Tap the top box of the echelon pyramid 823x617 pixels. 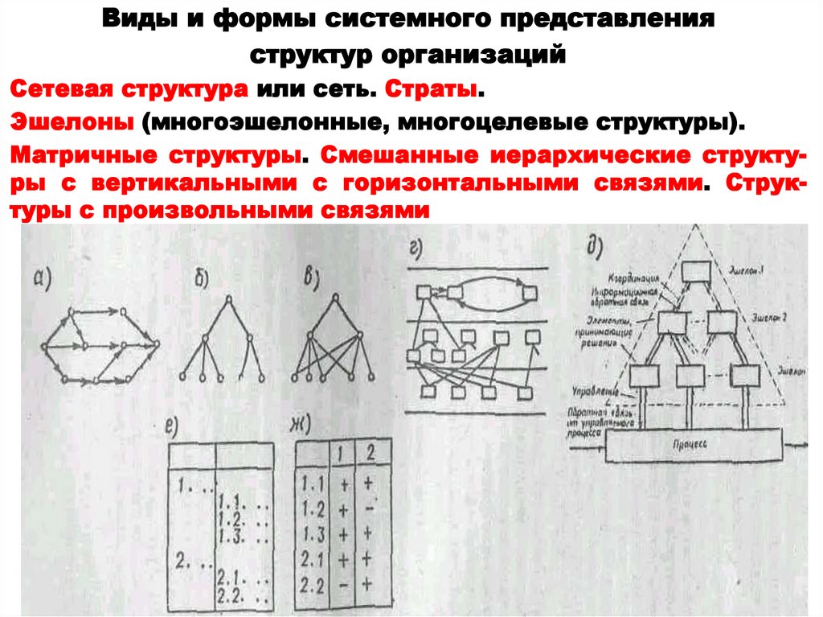[x=694, y=273]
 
